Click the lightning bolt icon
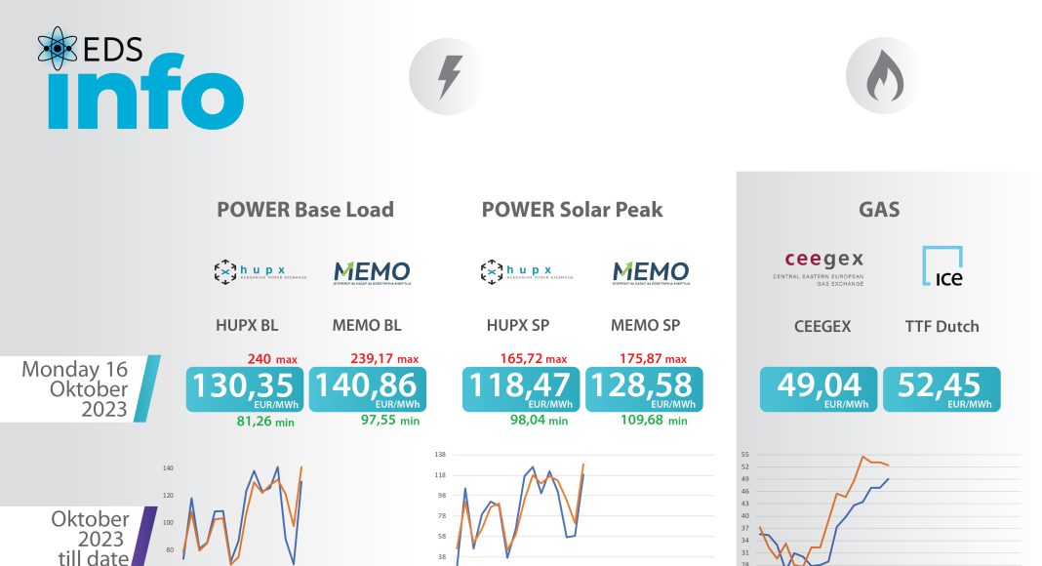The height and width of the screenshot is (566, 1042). (x=450, y=76)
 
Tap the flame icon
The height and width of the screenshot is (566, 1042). (x=886, y=76)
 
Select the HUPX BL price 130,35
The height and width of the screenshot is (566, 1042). (x=246, y=385)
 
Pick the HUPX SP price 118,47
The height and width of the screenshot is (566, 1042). (x=521, y=385)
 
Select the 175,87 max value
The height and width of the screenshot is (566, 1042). (x=652, y=359)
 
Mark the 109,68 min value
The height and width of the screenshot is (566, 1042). (x=653, y=421)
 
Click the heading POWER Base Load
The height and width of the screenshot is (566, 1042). (x=305, y=209)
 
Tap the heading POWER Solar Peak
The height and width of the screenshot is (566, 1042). (x=572, y=209)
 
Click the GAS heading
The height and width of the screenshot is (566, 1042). (x=879, y=209)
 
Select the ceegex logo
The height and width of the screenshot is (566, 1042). (x=823, y=266)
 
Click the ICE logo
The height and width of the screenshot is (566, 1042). (x=942, y=266)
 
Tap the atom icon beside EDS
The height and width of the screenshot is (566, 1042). (x=58, y=50)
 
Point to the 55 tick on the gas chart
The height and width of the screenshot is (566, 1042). (x=744, y=455)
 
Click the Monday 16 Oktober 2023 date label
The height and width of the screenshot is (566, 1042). (x=75, y=388)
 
